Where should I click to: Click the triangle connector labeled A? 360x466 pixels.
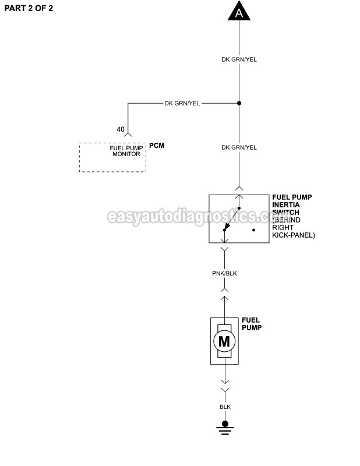point(239,12)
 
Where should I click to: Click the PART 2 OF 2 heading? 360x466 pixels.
point(29,8)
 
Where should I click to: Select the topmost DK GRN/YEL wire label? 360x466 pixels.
point(239,59)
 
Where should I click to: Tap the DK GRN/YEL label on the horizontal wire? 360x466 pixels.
point(182,104)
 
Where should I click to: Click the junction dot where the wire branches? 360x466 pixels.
point(239,103)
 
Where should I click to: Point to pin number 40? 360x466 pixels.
point(121,129)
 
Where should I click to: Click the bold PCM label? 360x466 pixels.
point(157,145)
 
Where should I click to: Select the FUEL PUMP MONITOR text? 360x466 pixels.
point(126,151)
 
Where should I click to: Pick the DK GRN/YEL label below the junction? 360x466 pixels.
point(239,147)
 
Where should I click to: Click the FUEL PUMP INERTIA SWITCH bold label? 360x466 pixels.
point(292,205)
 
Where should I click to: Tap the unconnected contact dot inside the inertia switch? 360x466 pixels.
point(253,230)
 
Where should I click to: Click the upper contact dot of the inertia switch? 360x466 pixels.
point(239,208)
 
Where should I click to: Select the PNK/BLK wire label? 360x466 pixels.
point(224,273)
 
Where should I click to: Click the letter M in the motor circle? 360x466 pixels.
point(224,341)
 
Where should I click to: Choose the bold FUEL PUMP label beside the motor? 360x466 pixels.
point(252,324)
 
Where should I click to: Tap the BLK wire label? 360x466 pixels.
point(225,407)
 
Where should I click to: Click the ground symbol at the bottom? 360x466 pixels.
point(225,428)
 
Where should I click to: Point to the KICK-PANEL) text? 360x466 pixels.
point(294,235)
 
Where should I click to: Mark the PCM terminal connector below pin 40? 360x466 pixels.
point(128,135)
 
